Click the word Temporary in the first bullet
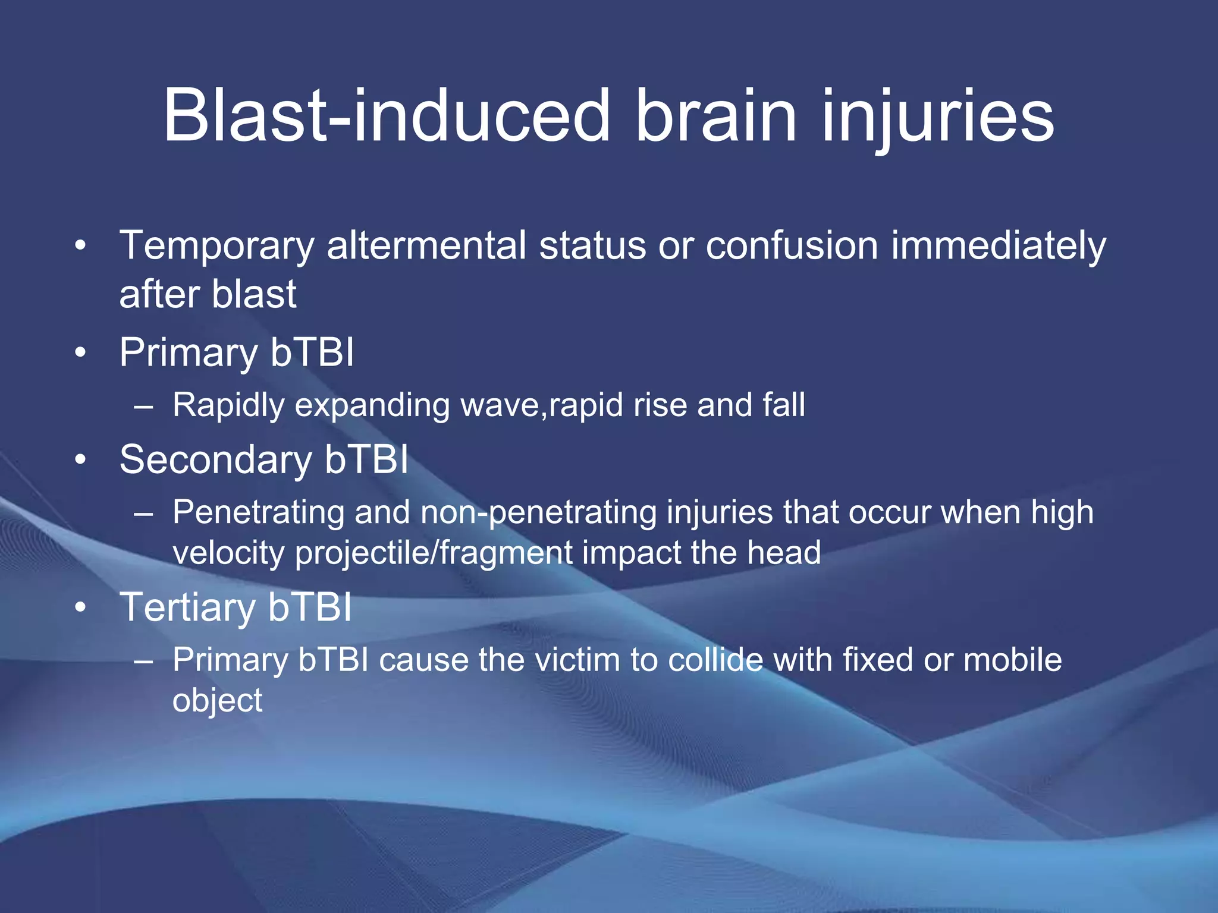[x=216, y=245]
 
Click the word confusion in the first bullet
[x=791, y=245]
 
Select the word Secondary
[x=215, y=459]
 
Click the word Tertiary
[x=187, y=607]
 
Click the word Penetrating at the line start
[x=258, y=512]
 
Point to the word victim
[x=577, y=660]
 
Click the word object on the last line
[x=217, y=701]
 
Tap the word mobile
[x=1012, y=660]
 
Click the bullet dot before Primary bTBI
[x=81, y=353]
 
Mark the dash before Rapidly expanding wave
[x=143, y=407]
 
